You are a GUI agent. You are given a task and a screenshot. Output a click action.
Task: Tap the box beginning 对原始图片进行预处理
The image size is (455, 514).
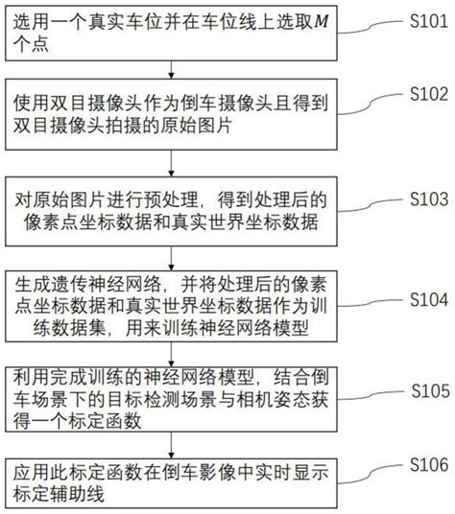pos(173,212)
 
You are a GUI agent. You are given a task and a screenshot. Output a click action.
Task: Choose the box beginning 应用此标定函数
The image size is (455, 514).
pos(173,482)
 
